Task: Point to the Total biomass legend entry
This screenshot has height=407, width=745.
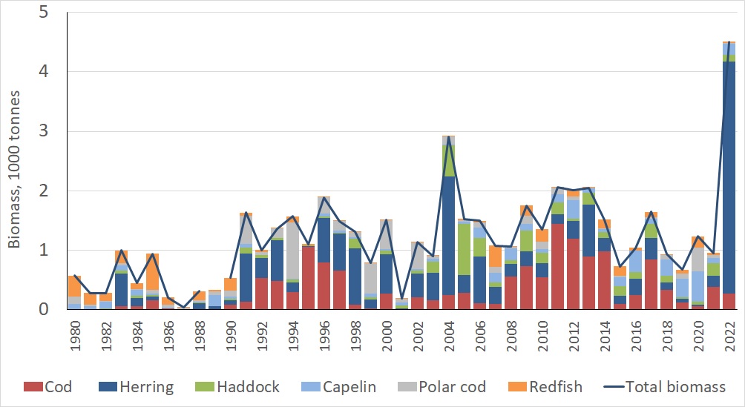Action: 662,386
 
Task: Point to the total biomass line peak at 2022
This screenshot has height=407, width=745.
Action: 729,42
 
